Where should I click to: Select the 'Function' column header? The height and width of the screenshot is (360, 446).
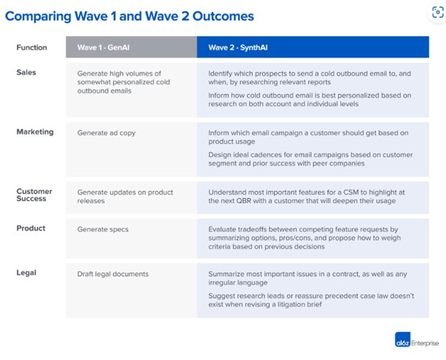(32, 47)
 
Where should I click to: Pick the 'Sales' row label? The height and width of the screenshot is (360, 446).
(26, 73)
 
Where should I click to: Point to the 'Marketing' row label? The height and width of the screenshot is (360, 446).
(34, 132)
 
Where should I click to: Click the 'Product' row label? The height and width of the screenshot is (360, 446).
(31, 229)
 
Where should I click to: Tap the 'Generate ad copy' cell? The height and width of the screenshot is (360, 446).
(106, 133)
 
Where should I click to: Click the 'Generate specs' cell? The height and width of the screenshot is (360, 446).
(102, 229)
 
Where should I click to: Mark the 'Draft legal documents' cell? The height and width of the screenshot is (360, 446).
(113, 274)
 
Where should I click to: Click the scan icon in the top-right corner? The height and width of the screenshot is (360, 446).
(437, 12)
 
